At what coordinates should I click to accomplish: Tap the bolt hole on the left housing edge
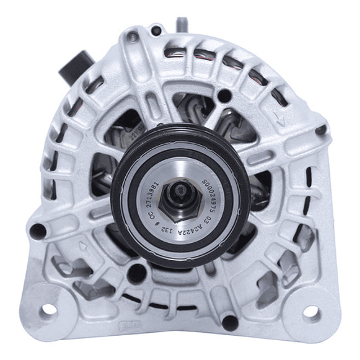38,232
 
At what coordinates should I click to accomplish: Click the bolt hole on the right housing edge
320,131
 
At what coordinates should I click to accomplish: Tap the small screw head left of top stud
156,30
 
